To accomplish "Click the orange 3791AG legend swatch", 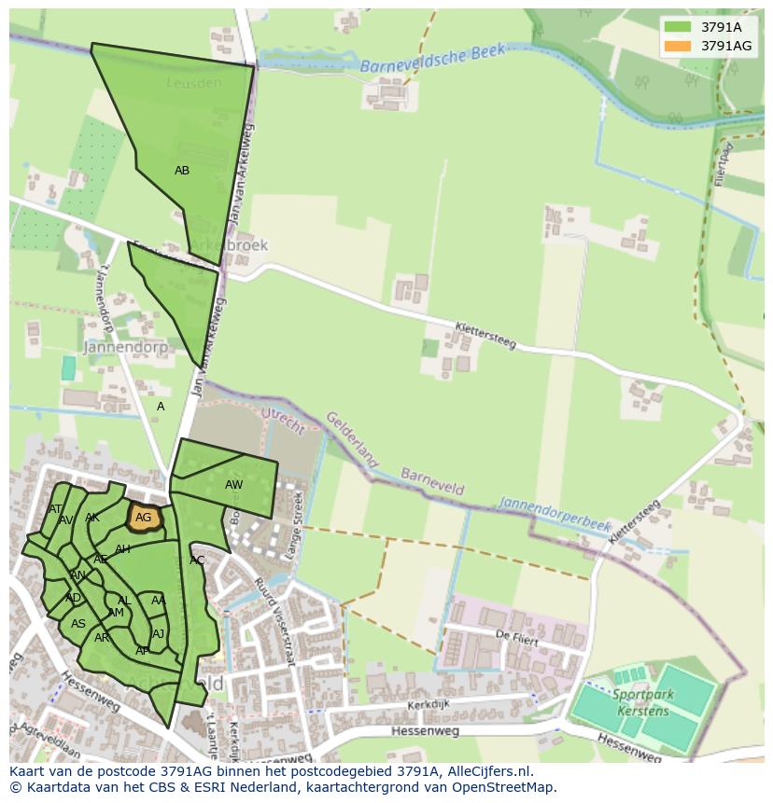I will point(678,46).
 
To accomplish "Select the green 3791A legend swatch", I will point(678,27).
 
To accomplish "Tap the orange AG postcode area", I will point(143,518).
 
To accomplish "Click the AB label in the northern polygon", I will point(182,171).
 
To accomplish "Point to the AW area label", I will point(233,485).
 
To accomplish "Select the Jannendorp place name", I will point(125,347).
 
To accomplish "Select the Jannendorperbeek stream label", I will point(555,516).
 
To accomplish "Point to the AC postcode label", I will point(197,561).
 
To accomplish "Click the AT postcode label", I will point(56,509).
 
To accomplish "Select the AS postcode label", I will point(78,624).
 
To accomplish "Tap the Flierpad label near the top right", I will point(725,164).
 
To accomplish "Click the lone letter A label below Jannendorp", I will point(161,407).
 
